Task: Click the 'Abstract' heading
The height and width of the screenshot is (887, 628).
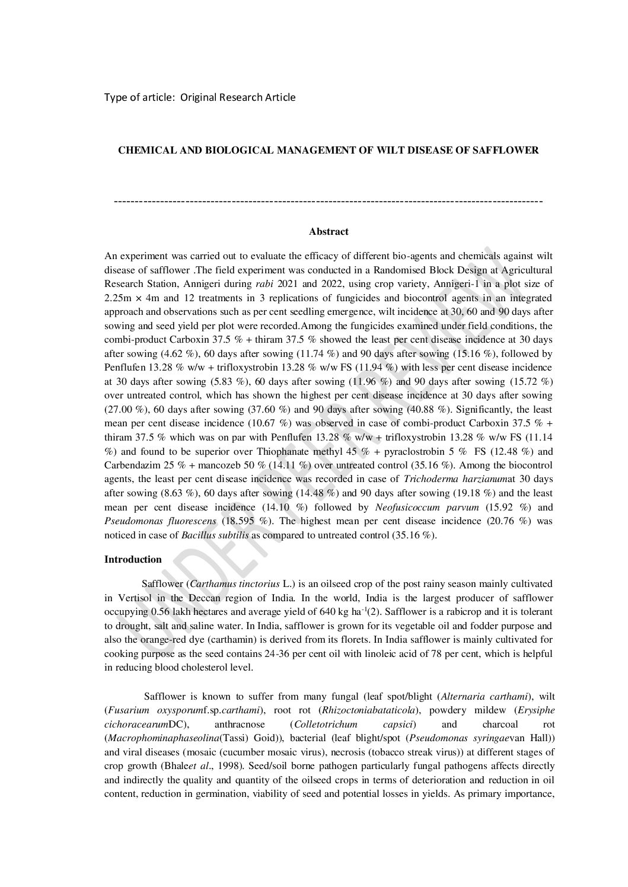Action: pos(329,232)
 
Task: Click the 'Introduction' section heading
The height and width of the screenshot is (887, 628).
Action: pos(133,559)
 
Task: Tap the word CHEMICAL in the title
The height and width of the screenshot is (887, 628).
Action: pos(143,151)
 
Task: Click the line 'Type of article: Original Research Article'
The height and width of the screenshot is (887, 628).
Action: pos(200,97)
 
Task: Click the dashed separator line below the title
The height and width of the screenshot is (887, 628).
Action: pos(328,202)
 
